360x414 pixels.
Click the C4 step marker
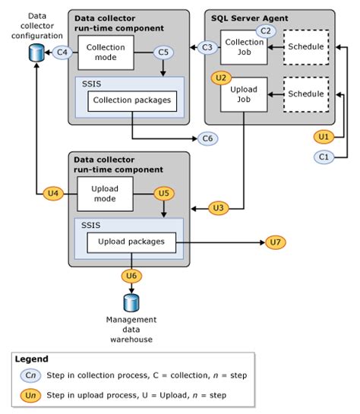(x=64, y=53)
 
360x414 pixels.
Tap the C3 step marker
(x=207, y=47)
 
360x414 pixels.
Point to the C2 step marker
(x=265, y=31)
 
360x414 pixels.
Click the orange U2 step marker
(x=221, y=77)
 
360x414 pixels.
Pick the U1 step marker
(x=324, y=137)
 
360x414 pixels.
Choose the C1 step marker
(x=324, y=156)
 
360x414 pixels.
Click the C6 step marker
(x=207, y=138)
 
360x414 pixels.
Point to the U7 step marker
(x=276, y=242)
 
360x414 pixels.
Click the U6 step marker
(x=131, y=276)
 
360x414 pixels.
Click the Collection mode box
(x=106, y=52)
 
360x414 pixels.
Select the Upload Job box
(x=243, y=94)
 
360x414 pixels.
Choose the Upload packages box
(x=131, y=242)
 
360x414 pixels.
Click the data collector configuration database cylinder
(x=34, y=53)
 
